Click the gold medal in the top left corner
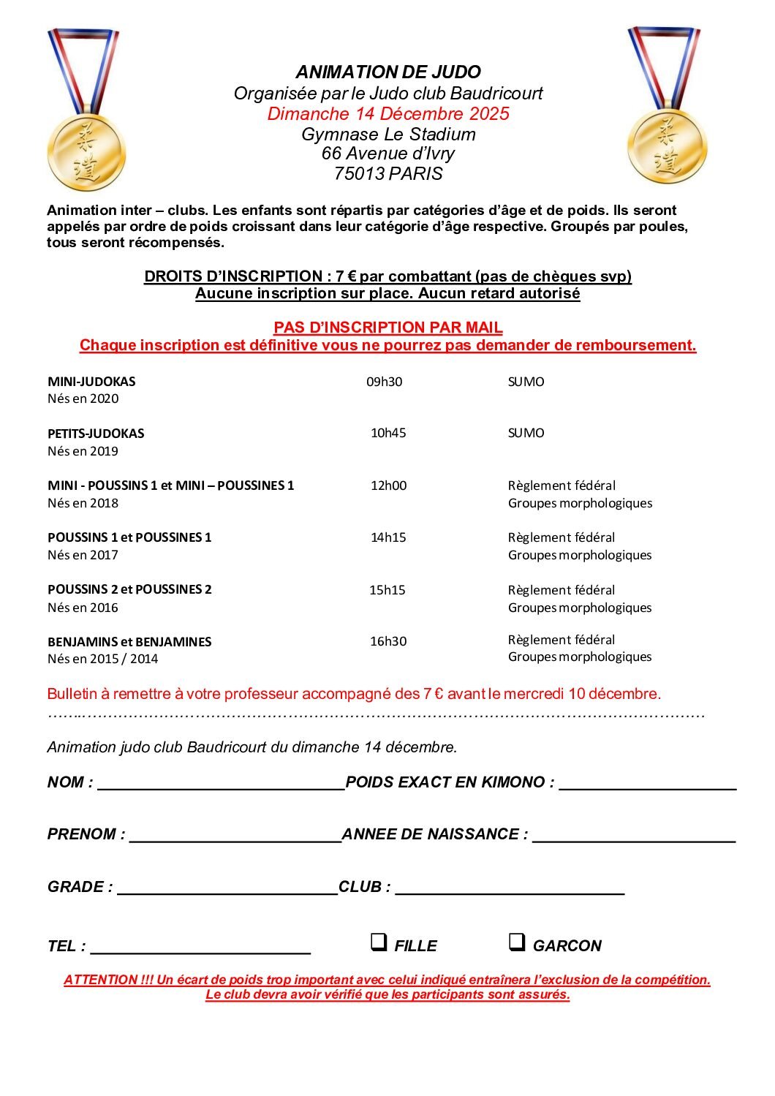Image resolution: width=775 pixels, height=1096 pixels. click(x=86, y=151)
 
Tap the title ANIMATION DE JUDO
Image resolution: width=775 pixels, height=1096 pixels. click(x=388, y=72)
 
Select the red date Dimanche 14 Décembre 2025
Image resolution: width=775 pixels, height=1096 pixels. click(x=388, y=114)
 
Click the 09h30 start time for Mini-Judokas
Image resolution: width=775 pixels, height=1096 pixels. click(x=384, y=382)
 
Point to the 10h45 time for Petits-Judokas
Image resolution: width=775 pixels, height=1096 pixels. click(x=388, y=433)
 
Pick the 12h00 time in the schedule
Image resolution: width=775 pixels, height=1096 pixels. click(x=388, y=485)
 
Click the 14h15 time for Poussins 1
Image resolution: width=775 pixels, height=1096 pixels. click(x=388, y=537)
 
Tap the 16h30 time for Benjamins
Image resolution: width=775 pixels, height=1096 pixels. click(x=388, y=641)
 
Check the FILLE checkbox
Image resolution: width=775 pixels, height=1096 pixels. click(x=378, y=942)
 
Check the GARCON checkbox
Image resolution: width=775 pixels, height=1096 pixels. click(x=516, y=942)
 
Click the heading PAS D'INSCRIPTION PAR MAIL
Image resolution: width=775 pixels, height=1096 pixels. click(x=388, y=328)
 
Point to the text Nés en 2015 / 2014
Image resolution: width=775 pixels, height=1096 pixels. click(x=103, y=659)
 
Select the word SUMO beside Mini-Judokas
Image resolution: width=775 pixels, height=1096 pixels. click(x=526, y=382)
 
